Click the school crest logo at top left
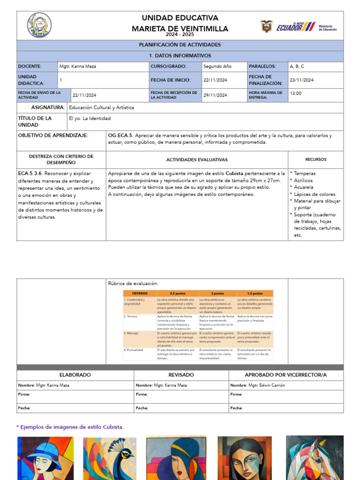tap(39, 25)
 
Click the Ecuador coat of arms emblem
tap(267, 26)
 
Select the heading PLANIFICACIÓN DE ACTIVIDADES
tap(180, 45)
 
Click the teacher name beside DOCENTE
tap(78, 67)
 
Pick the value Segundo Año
tap(217, 67)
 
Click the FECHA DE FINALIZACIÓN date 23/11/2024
tap(302, 80)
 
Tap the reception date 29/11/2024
tap(216, 95)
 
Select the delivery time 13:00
tap(296, 93)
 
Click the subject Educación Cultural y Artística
tap(101, 107)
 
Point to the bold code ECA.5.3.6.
tap(30, 173)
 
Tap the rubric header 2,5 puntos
tap(177, 293)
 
